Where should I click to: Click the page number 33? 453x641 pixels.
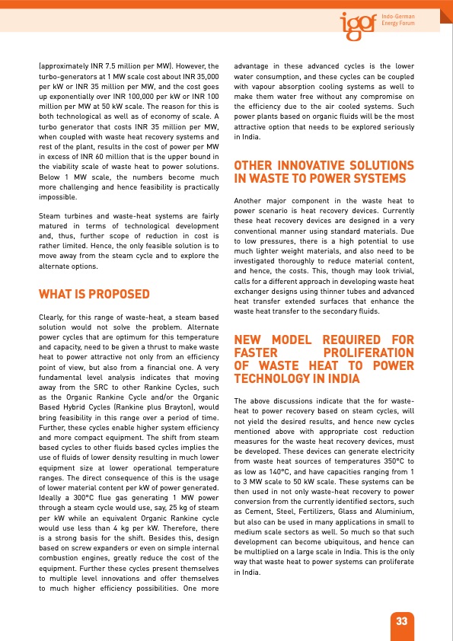[x=402, y=621]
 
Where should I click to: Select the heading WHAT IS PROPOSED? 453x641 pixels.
[x=94, y=294]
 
